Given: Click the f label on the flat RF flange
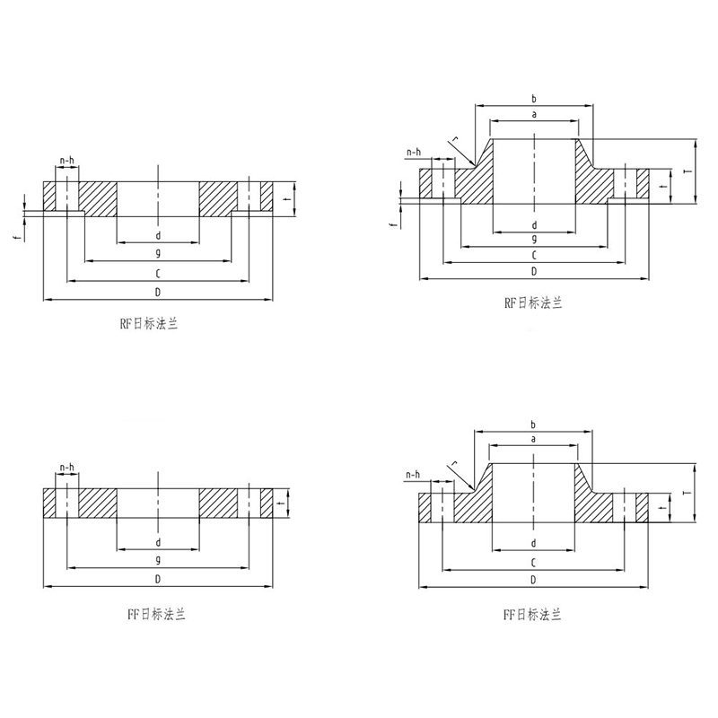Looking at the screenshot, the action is (x=17, y=238).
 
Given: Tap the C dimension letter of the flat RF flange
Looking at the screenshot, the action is (x=158, y=274).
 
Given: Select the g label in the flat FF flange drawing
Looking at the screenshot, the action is (x=158, y=559).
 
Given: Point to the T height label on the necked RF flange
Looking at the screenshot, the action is (x=686, y=171).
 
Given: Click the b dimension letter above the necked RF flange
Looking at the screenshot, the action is (x=533, y=98).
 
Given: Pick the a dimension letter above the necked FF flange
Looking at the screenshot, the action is (x=533, y=439).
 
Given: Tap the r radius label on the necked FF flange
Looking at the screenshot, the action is (x=455, y=463).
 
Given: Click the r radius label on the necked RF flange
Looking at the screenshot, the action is (x=455, y=137).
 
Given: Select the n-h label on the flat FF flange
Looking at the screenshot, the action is (x=66, y=467).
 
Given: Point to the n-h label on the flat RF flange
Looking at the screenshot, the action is (x=66, y=160).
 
